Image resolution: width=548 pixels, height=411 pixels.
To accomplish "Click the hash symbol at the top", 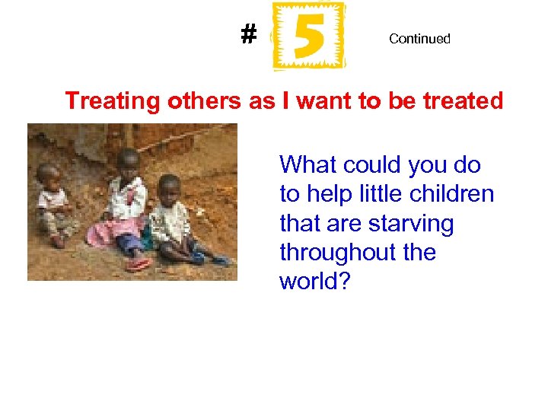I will point(249,34).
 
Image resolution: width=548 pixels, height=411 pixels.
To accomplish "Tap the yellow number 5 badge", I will point(308,36).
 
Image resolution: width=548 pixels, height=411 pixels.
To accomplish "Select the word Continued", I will point(419,39).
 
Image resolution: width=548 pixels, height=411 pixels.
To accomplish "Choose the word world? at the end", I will point(314,281).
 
